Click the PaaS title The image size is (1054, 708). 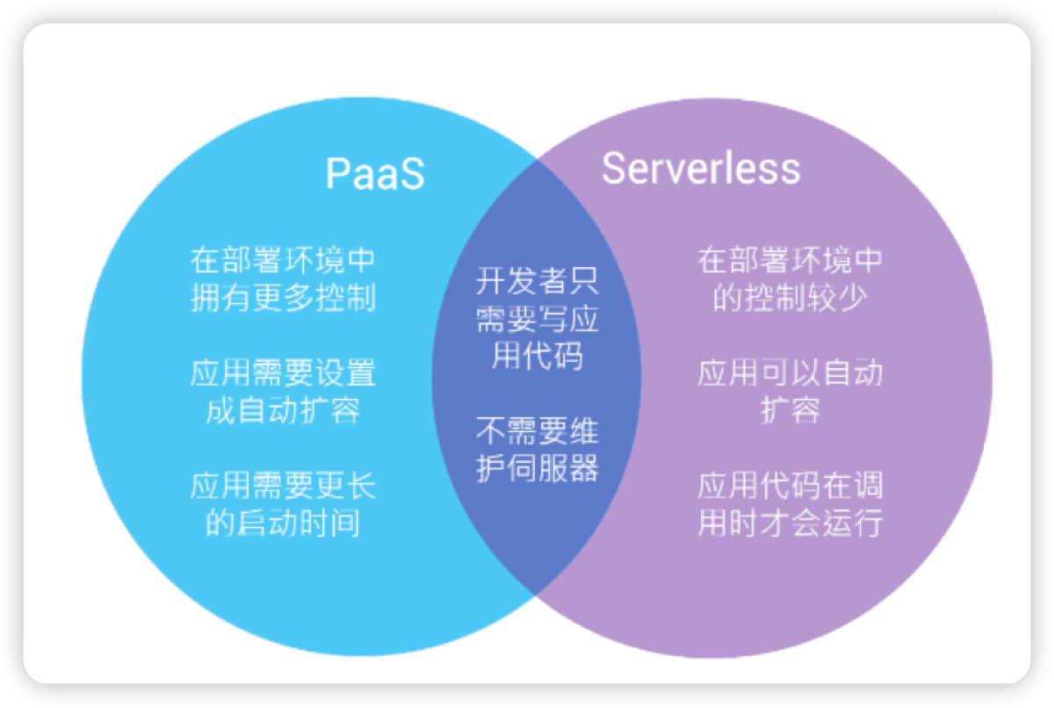pyautogui.click(x=375, y=173)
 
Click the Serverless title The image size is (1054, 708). pyautogui.click(x=700, y=169)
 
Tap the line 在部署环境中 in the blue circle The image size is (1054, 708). pyautogui.click(x=283, y=261)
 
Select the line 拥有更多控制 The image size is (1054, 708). pyautogui.click(x=283, y=298)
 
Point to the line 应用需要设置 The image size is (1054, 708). pyautogui.click(x=283, y=373)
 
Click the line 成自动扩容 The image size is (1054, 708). pyautogui.click(x=283, y=410)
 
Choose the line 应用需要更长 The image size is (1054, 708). pyautogui.click(x=283, y=486)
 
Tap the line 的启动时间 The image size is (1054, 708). pyautogui.click(x=283, y=523)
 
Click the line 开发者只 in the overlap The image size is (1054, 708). pyautogui.click(x=537, y=282)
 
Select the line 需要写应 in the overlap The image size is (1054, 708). pyautogui.click(x=537, y=319)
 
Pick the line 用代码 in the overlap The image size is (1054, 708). pyautogui.click(x=537, y=356)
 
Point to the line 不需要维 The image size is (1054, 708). pyautogui.click(x=537, y=431)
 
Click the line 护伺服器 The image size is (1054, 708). pyautogui.click(x=537, y=468)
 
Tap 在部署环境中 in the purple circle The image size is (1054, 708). pyautogui.click(x=790, y=261)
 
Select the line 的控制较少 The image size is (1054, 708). pyautogui.click(x=790, y=298)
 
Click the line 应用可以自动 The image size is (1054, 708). pyautogui.click(x=790, y=373)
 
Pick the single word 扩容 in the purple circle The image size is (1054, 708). pyautogui.click(x=790, y=410)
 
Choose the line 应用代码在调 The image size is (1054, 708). pyautogui.click(x=790, y=486)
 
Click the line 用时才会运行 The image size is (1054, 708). pyautogui.click(x=790, y=523)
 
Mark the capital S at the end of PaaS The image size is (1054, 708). pyautogui.click(x=412, y=174)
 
